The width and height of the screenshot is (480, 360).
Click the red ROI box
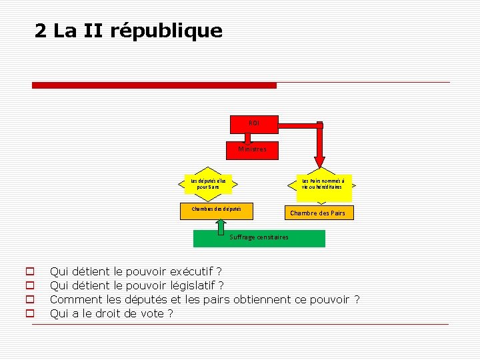click(254, 123)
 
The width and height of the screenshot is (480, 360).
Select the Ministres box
click(253, 149)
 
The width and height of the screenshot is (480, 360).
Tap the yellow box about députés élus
click(209, 183)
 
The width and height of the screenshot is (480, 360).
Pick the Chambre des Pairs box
click(317, 213)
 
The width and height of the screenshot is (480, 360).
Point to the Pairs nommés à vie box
click(323, 184)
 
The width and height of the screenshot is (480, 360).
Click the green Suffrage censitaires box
click(259, 238)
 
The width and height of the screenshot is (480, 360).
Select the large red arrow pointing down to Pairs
click(320, 147)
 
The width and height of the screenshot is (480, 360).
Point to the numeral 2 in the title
click(41, 31)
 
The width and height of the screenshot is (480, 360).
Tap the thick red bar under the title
click(154, 85)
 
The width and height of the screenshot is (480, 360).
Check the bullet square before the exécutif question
click(29, 272)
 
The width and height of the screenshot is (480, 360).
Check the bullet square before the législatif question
click(29, 286)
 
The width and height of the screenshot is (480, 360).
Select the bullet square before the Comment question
click(29, 300)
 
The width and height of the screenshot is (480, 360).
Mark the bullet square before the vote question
click(29, 314)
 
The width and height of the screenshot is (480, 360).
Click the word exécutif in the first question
click(192, 271)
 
